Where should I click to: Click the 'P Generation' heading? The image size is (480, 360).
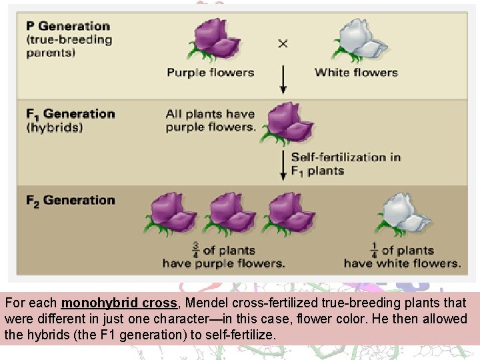[x=68, y=27]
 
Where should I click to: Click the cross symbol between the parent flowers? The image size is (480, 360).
[x=283, y=43]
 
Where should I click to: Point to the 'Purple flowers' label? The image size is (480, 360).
[x=211, y=72]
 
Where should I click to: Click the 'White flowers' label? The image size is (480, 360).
[x=356, y=72]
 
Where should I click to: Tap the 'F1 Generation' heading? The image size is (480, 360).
[x=70, y=114]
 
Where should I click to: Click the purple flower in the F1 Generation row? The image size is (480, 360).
[x=289, y=123]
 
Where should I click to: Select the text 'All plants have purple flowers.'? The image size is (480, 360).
[x=211, y=120]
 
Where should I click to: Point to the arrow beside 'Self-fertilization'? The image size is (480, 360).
[x=283, y=163]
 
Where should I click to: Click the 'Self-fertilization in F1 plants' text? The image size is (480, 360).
[x=345, y=164]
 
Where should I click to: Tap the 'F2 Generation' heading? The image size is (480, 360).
[x=70, y=200]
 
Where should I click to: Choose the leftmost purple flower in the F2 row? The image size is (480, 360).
[x=172, y=214]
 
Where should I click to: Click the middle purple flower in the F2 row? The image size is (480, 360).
[x=229, y=214]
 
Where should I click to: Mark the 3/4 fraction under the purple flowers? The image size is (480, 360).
[x=195, y=250]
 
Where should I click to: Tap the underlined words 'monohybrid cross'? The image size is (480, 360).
[x=119, y=302]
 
